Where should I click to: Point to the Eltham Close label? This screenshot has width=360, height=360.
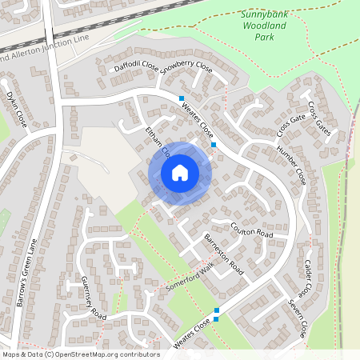click(157, 141)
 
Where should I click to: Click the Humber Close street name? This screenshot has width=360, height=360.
click(291, 165)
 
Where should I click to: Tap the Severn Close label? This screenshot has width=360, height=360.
click(298, 319)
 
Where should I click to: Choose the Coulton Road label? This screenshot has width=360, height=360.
click(252, 230)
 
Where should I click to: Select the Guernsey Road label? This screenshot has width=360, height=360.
click(94, 298)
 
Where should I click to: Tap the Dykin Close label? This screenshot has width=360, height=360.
click(17, 109)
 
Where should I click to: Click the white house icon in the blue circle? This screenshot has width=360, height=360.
click(180, 173)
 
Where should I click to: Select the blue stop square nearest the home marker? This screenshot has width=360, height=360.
click(214, 144)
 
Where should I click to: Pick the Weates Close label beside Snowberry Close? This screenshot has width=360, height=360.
click(197, 120)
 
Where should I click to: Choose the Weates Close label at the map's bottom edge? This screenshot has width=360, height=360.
click(191, 334)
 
